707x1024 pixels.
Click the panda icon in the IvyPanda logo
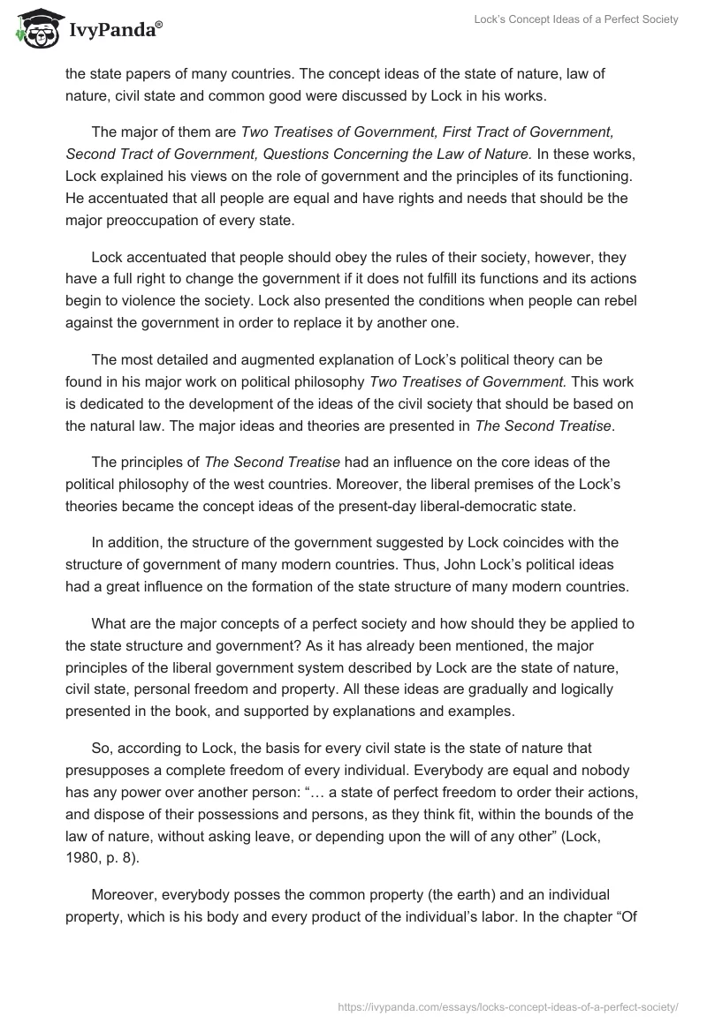click(x=33, y=30)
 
